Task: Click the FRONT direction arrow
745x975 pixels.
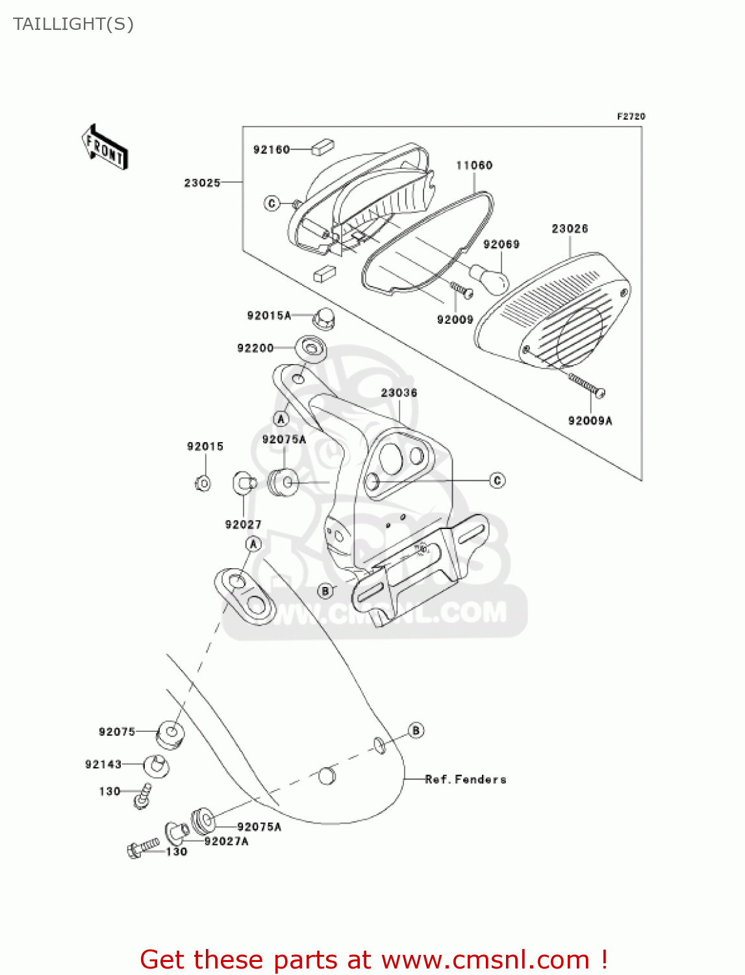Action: pyautogui.click(x=104, y=147)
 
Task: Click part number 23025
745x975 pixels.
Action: pyautogui.click(x=202, y=183)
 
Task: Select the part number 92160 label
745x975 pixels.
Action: pyautogui.click(x=271, y=149)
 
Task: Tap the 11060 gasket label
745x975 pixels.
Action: pyautogui.click(x=474, y=165)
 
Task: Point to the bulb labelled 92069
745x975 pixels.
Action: pyautogui.click(x=488, y=278)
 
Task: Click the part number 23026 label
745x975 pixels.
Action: pyautogui.click(x=570, y=229)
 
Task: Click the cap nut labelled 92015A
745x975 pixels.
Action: pyautogui.click(x=323, y=318)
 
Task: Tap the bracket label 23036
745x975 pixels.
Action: pyautogui.click(x=399, y=393)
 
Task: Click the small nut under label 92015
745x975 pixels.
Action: pyautogui.click(x=203, y=483)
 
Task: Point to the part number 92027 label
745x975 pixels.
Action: pyautogui.click(x=243, y=525)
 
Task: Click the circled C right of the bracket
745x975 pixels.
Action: pyautogui.click(x=497, y=480)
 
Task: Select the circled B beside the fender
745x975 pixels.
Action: pyautogui.click(x=416, y=730)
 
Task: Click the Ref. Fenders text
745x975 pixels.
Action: pyautogui.click(x=466, y=779)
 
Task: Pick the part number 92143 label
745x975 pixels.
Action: pyautogui.click(x=103, y=764)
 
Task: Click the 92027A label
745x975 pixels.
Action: pyautogui.click(x=226, y=841)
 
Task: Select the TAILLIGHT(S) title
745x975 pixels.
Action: pyautogui.click(x=73, y=24)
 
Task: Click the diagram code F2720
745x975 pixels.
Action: pyautogui.click(x=631, y=116)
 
